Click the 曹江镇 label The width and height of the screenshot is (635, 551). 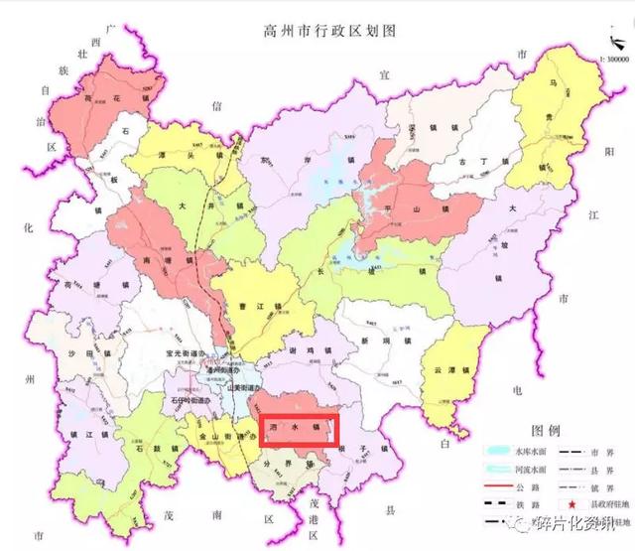point(255,307)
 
